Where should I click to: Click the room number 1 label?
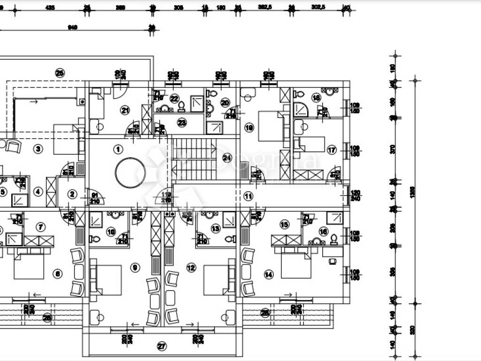[118, 149]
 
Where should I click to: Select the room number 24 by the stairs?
[227, 157]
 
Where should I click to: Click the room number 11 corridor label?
[248, 196]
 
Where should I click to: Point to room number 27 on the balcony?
[162, 347]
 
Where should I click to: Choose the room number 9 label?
[136, 268]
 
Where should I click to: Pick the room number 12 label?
[191, 268]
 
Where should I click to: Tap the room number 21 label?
[125, 111]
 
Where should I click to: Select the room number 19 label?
[248, 127]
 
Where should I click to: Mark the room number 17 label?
[332, 150]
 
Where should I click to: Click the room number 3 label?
[39, 149]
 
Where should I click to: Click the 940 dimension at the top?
[72, 28]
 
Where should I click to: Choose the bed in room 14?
[296, 266]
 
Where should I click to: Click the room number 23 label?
[182, 123]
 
